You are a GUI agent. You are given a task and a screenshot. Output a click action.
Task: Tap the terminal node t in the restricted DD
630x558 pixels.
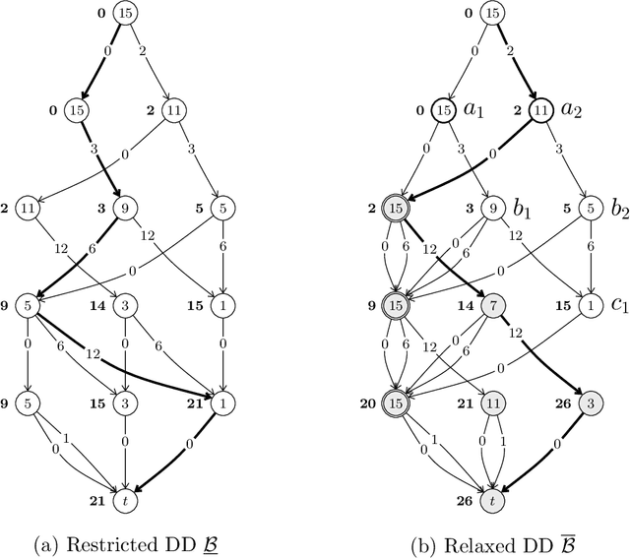pos(124,501)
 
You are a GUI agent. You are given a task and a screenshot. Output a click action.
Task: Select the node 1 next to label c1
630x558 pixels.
pos(589,304)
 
